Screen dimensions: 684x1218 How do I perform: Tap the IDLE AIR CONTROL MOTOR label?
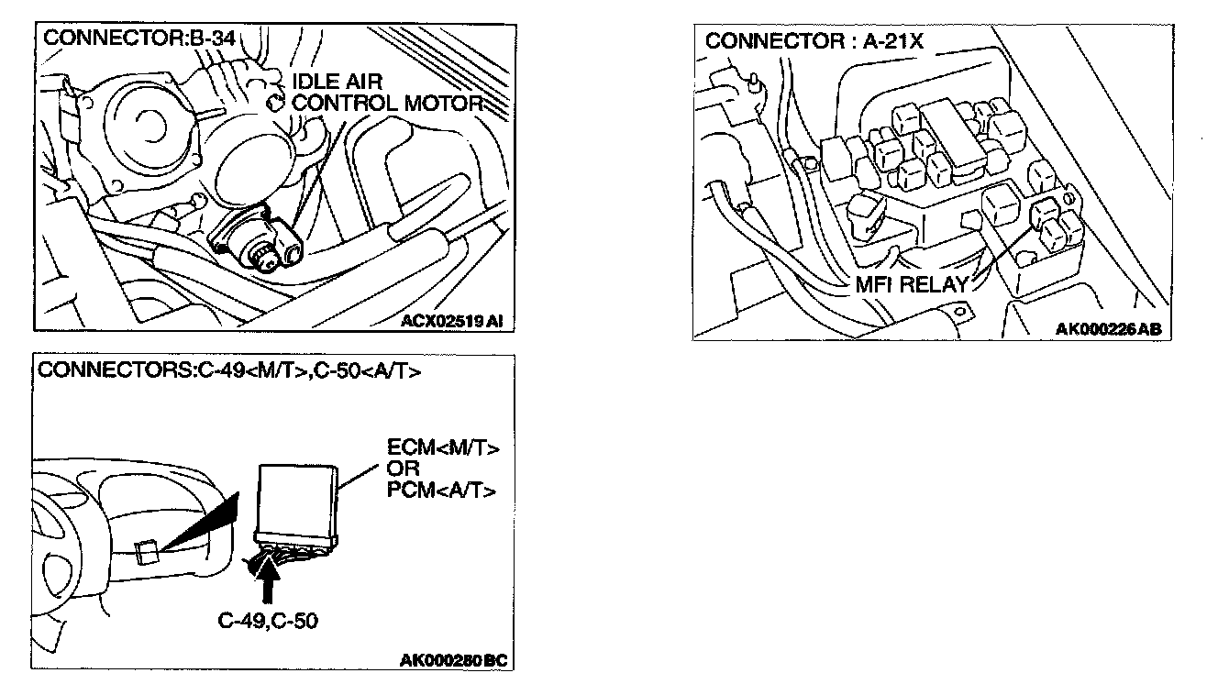(385, 92)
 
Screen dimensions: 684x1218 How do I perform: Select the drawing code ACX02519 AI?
(452, 321)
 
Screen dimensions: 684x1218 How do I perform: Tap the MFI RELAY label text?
(911, 284)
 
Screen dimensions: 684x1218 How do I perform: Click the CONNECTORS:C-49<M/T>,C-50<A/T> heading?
(229, 373)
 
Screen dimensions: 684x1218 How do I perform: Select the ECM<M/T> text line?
(443, 449)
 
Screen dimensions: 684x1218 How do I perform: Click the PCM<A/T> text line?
(444, 491)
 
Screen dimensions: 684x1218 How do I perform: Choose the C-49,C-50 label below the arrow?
(268, 621)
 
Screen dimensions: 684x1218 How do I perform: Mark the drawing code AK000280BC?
(453, 660)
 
